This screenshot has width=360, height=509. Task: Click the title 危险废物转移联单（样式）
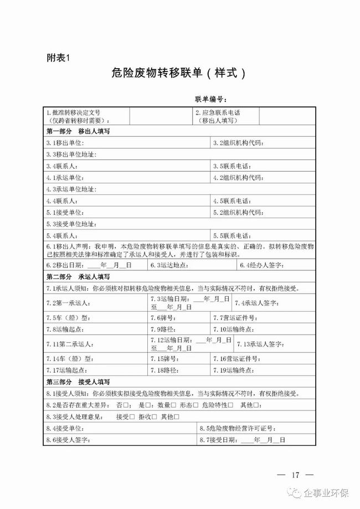click(177, 74)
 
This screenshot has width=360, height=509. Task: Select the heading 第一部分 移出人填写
click(78, 132)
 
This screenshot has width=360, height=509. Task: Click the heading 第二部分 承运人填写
click(78, 276)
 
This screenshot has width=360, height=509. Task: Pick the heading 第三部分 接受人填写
click(78, 382)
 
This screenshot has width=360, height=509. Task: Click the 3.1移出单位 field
click(127, 143)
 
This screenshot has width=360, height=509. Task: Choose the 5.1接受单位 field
click(127, 212)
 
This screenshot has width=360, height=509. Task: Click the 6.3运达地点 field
click(191, 265)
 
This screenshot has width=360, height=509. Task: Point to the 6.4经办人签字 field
click(277, 265)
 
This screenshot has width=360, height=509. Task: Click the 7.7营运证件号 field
click(263, 317)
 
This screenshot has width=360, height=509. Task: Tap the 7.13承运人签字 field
click(277, 344)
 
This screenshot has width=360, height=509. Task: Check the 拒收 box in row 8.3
click(153, 417)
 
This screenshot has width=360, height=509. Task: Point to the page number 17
click(295, 474)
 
